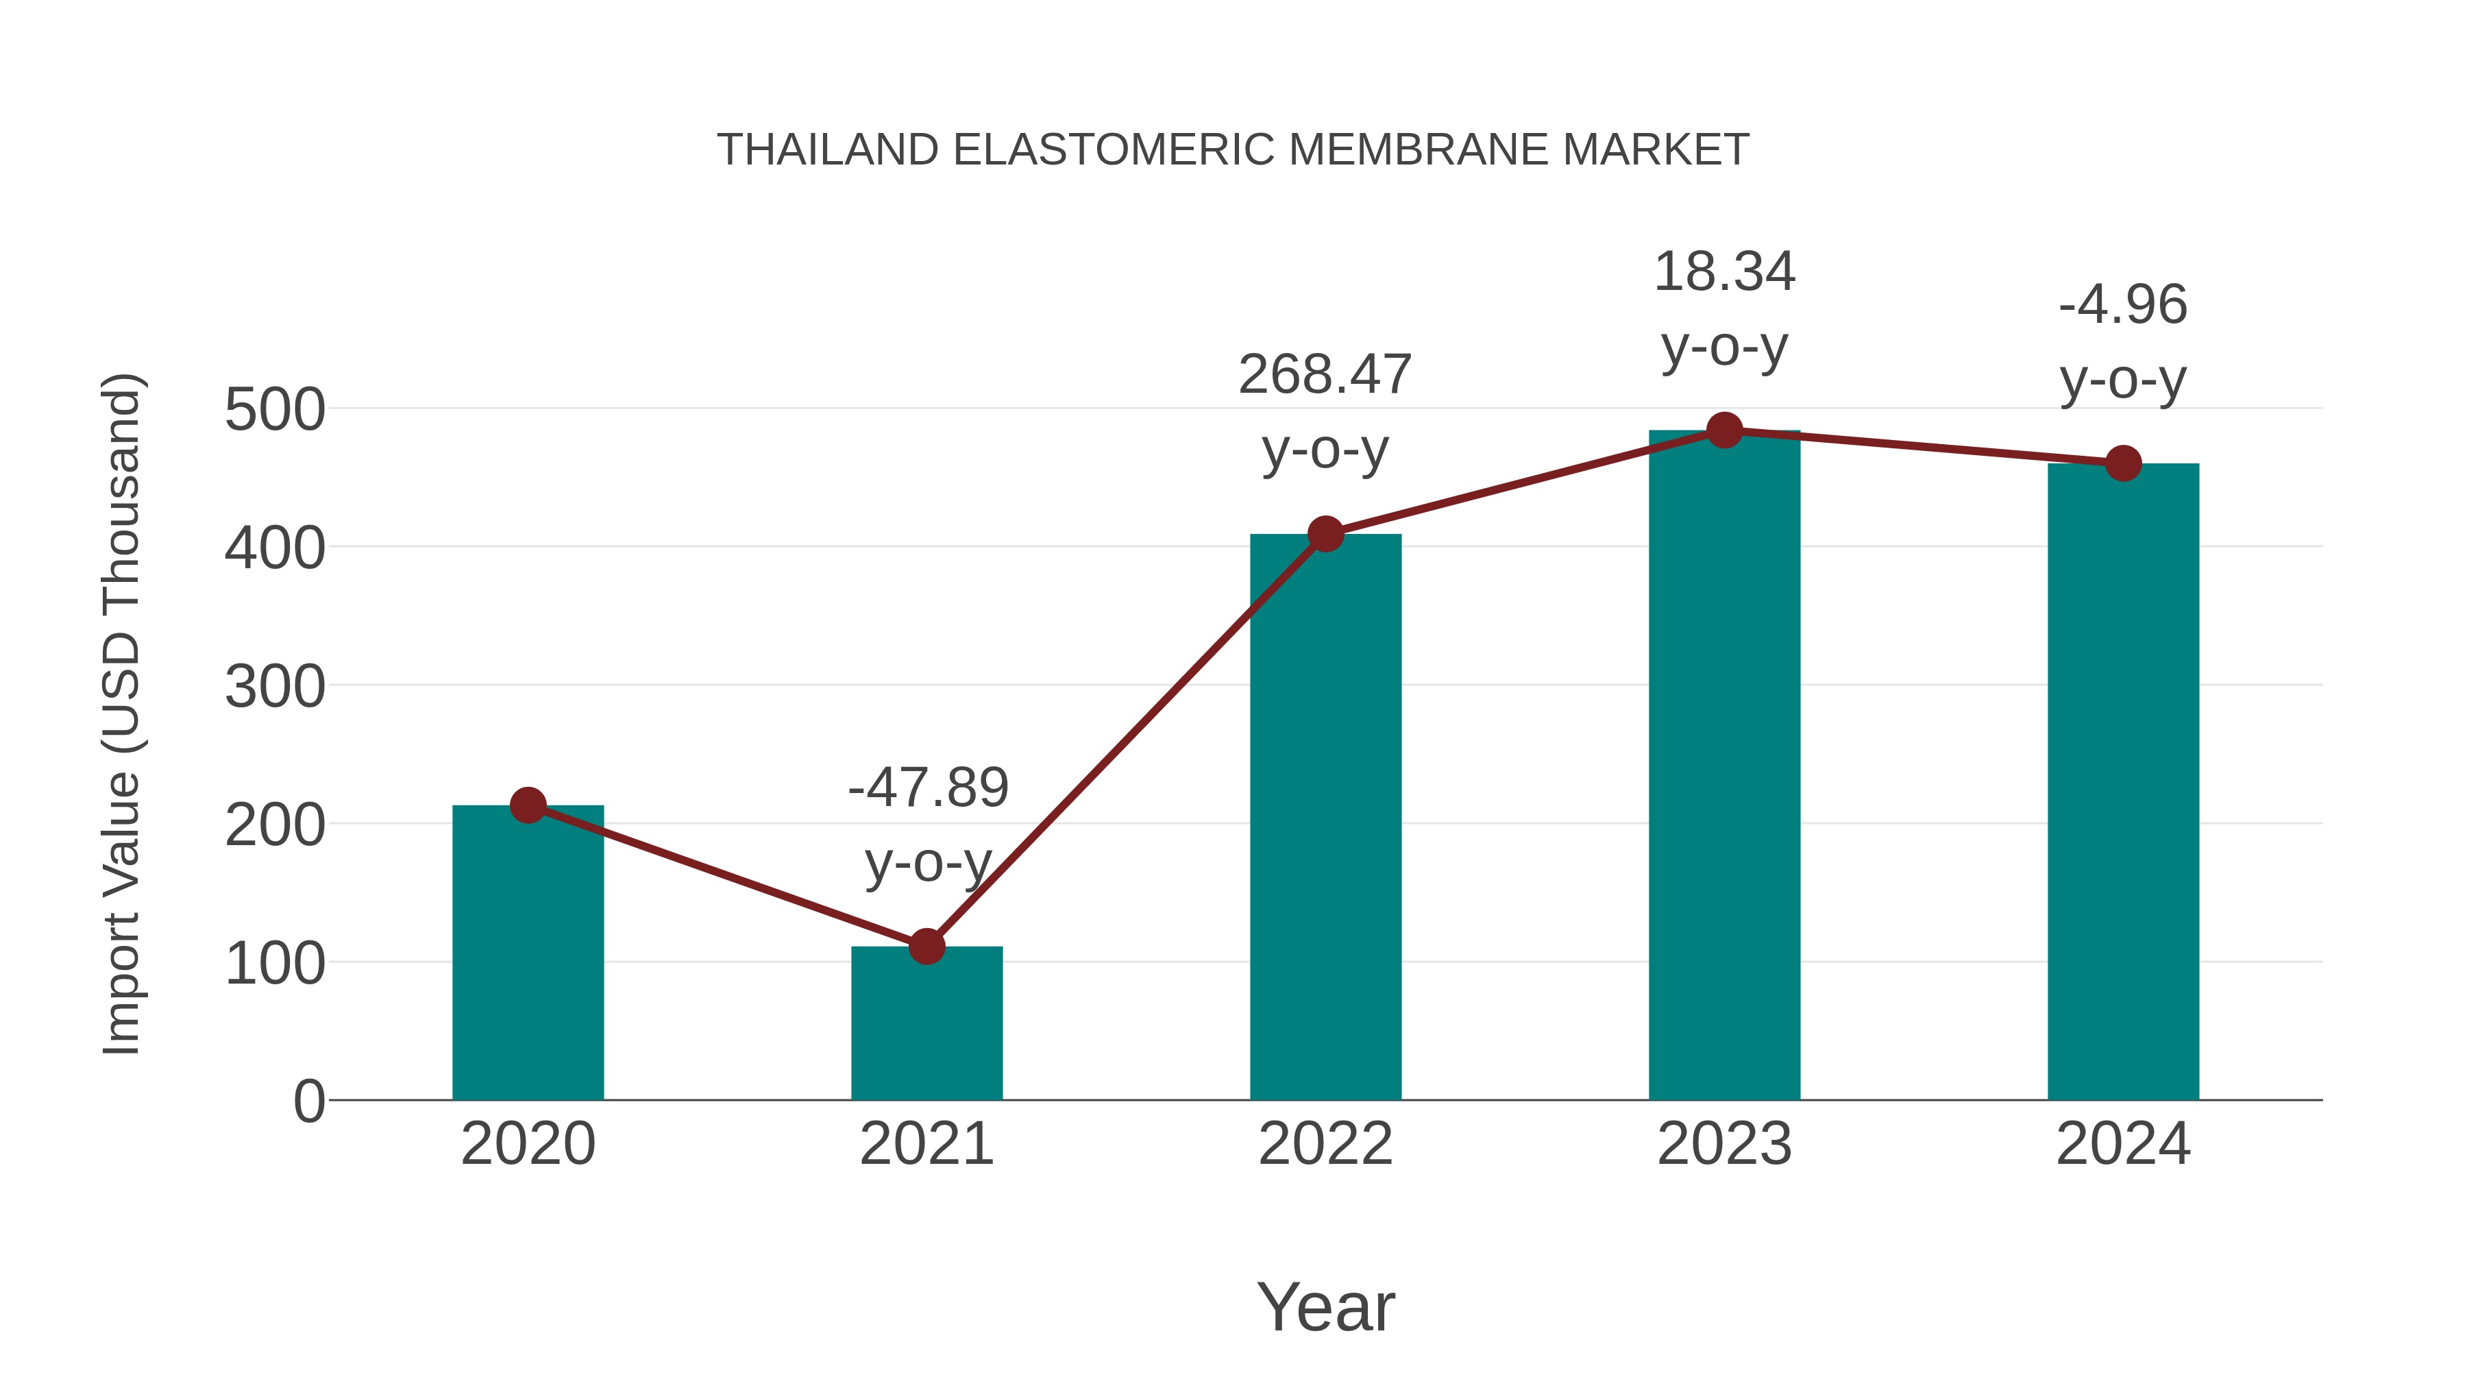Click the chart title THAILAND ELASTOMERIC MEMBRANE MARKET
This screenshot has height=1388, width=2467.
coord(1233,150)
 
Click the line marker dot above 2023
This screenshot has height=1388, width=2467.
coord(1724,431)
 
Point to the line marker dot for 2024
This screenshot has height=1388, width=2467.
coord(2123,463)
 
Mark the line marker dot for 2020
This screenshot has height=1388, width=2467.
coord(528,805)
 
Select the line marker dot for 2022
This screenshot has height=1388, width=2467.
coord(1325,533)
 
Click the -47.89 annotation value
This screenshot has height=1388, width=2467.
coord(928,788)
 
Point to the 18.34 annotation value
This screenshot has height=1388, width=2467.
coord(1724,272)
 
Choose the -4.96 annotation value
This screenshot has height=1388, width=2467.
coord(2122,306)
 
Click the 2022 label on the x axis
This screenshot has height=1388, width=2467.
coord(1325,1144)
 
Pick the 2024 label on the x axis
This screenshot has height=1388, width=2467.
coord(2123,1144)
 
